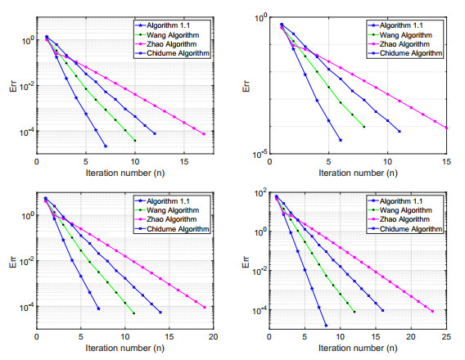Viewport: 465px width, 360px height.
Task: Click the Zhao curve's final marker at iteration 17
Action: click(x=204, y=133)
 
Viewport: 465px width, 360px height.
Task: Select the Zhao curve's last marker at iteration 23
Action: click(x=433, y=311)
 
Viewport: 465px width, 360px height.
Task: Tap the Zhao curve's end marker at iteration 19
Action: click(x=205, y=307)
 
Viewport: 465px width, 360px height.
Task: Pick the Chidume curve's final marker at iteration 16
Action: click(x=382, y=310)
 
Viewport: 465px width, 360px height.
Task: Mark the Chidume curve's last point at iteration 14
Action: click(x=160, y=312)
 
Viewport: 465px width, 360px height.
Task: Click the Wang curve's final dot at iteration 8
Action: click(x=363, y=125)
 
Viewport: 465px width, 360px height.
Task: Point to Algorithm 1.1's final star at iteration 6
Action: click(x=340, y=140)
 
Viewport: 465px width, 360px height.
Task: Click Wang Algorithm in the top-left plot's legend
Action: click(x=170, y=35)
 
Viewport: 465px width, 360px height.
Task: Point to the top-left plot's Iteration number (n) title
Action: click(x=125, y=173)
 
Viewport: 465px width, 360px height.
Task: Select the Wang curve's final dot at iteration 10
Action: click(x=134, y=141)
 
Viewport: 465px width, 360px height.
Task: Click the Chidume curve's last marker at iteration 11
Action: click(x=399, y=131)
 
